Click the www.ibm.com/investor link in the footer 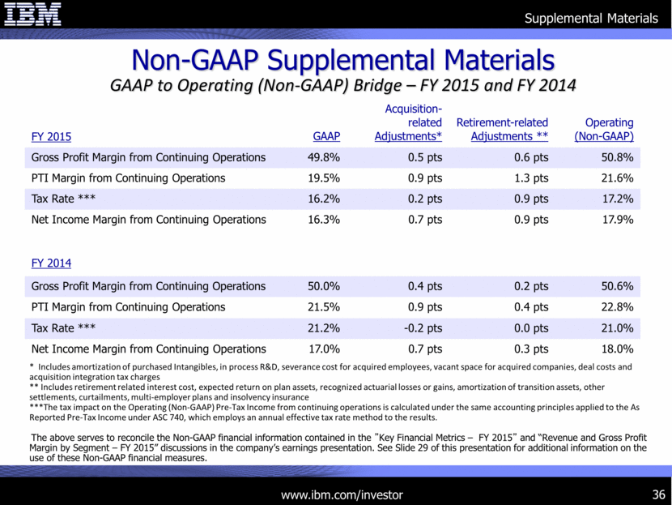pyautogui.click(x=341, y=494)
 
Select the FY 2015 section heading pyautogui.click(x=51, y=136)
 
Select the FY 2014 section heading pyautogui.click(x=51, y=263)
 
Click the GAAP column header pyautogui.click(x=326, y=136)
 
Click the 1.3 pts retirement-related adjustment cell pyautogui.click(x=531, y=178)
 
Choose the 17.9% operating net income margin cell pyautogui.click(x=618, y=220)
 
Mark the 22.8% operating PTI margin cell pyautogui.click(x=618, y=307)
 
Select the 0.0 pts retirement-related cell pyautogui.click(x=531, y=328)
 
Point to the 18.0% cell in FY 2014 pyautogui.click(x=618, y=349)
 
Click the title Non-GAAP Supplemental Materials pyautogui.click(x=342, y=60)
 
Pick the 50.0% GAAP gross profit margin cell pyautogui.click(x=324, y=286)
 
